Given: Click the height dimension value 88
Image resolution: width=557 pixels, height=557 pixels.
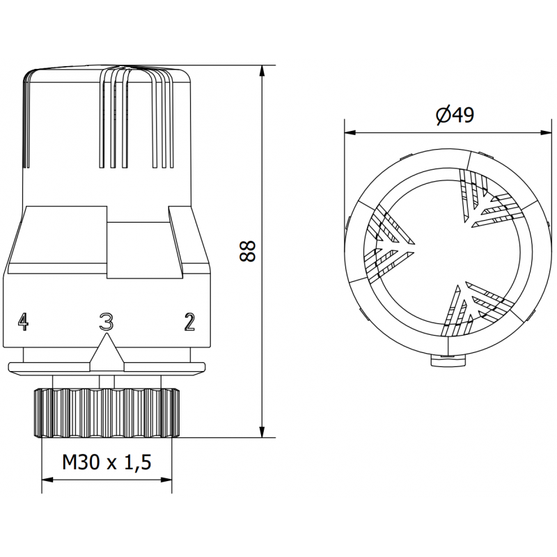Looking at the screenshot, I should tap(247, 251).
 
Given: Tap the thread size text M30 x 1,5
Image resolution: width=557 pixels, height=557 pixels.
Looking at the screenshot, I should tap(107, 462).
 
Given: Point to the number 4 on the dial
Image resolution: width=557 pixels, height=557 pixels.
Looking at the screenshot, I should tap(24, 321).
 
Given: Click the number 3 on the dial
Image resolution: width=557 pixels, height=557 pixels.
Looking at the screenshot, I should tap(106, 321).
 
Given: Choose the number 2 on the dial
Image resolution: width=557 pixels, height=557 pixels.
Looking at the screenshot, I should tap(189, 321).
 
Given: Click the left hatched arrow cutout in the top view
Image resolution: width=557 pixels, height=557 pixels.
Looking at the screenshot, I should tap(393, 240).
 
